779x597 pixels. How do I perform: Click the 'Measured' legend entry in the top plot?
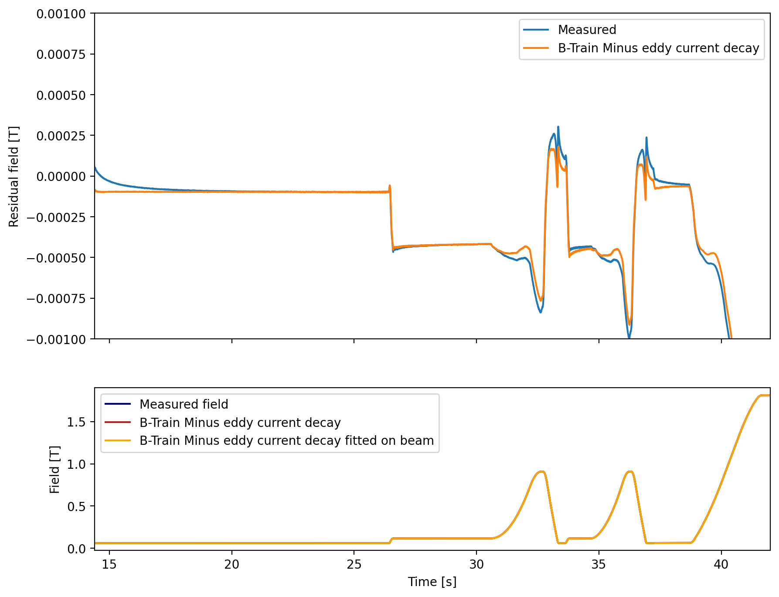[587, 30]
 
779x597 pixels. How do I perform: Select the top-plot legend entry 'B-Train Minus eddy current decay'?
[658, 48]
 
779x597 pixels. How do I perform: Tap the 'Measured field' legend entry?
[184, 404]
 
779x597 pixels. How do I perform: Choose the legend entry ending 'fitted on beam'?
[286, 440]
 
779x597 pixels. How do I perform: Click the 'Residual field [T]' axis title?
[14, 176]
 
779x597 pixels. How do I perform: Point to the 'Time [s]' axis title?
[432, 582]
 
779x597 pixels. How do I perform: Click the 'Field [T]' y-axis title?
[54, 469]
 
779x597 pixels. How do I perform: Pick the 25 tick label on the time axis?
[354, 564]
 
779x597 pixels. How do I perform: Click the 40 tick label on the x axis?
[721, 564]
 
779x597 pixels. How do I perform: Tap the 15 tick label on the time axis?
[109, 564]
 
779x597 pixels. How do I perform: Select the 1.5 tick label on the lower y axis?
[77, 422]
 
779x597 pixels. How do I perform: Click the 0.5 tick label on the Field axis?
[77, 506]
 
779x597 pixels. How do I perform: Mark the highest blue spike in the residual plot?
[558, 127]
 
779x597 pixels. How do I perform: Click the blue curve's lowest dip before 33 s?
[541, 312]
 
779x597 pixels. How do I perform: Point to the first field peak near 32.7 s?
[541, 471]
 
